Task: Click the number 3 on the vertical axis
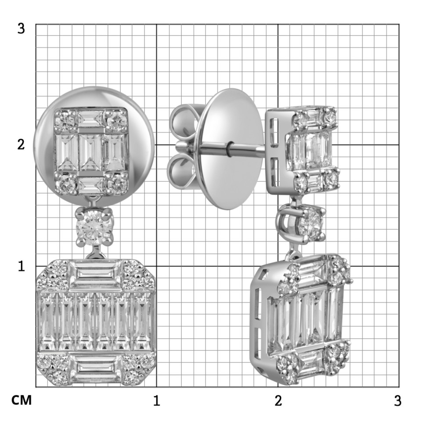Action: pyautogui.click(x=21, y=28)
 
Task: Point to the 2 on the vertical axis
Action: pyautogui.click(x=21, y=144)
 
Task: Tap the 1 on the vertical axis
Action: pyautogui.click(x=22, y=266)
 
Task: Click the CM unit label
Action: pyautogui.click(x=22, y=400)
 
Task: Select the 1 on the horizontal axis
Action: pyautogui.click(x=156, y=401)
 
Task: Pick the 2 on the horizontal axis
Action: pyautogui.click(x=278, y=401)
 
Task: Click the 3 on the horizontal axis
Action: pyautogui.click(x=397, y=401)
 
